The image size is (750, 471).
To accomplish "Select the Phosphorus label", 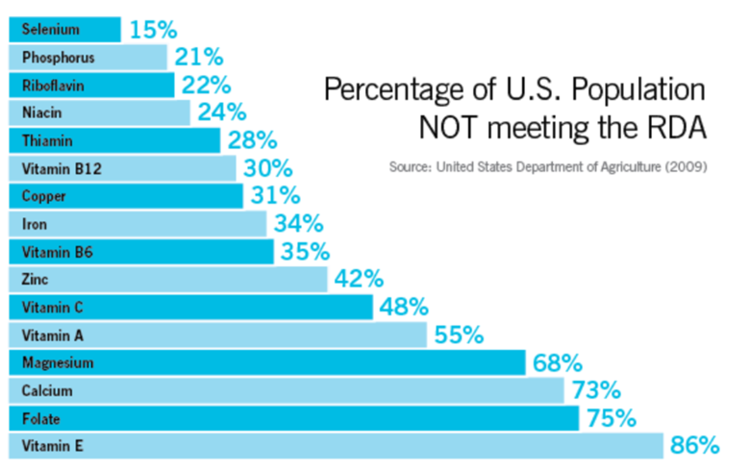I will pyautogui.click(x=57, y=57).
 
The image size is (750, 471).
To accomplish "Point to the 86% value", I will pyautogui.click(x=694, y=445).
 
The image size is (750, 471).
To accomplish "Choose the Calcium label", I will pyautogui.click(x=47, y=390).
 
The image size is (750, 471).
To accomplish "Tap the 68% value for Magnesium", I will pyautogui.click(x=558, y=363).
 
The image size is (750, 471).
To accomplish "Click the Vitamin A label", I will pyautogui.click(x=52, y=335).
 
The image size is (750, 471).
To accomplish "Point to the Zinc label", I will pyautogui.click(x=35, y=280).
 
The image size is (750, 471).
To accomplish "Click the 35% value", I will pyautogui.click(x=305, y=252).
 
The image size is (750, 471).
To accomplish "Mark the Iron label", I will pyautogui.click(x=34, y=224).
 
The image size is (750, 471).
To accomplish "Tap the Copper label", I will pyautogui.click(x=43, y=196).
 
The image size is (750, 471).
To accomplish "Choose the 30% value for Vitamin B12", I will pyautogui.click(x=267, y=168).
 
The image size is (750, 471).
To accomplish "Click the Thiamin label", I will pyautogui.click(x=47, y=140).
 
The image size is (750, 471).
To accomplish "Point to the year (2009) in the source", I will pyautogui.click(x=687, y=166).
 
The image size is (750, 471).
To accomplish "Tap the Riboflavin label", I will pyautogui.click(x=53, y=85).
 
